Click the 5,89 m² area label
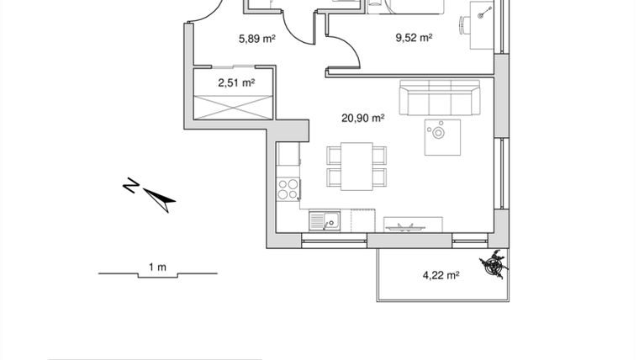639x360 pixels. (x=257, y=38)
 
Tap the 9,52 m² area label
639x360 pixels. (x=414, y=37)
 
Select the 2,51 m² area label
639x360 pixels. (x=235, y=82)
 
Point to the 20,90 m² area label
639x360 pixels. (x=362, y=119)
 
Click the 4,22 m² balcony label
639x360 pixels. (x=439, y=274)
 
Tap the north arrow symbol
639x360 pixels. (x=160, y=198)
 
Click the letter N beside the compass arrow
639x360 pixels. (x=130, y=185)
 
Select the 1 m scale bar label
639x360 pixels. (x=157, y=267)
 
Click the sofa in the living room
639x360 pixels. (x=439, y=99)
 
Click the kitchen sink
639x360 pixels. (x=323, y=221)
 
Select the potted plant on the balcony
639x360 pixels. (x=494, y=266)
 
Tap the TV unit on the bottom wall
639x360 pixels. (x=411, y=225)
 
